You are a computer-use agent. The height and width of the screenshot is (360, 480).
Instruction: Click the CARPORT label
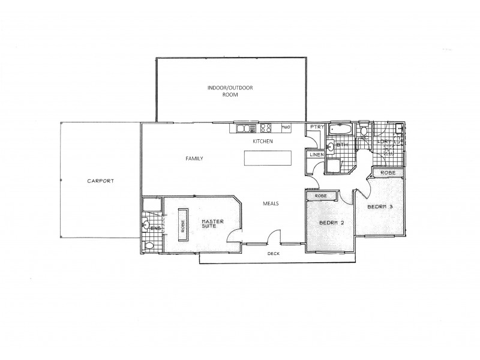click(x=101, y=181)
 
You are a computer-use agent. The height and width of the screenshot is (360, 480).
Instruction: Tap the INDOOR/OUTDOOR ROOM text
click(x=230, y=91)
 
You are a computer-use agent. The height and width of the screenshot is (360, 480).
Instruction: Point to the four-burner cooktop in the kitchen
click(x=266, y=127)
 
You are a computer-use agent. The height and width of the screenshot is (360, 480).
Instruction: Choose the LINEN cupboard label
click(x=316, y=155)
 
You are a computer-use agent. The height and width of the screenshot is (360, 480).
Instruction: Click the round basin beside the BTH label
click(x=331, y=146)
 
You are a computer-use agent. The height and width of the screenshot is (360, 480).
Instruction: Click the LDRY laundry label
click(x=384, y=142)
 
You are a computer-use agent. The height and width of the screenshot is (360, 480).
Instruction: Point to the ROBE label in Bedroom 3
click(x=387, y=173)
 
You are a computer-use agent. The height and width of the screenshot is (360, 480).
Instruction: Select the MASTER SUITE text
click(x=212, y=225)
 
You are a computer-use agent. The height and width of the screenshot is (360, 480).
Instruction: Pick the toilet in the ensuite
click(x=148, y=245)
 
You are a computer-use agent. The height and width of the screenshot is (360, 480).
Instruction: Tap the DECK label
click(x=274, y=254)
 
